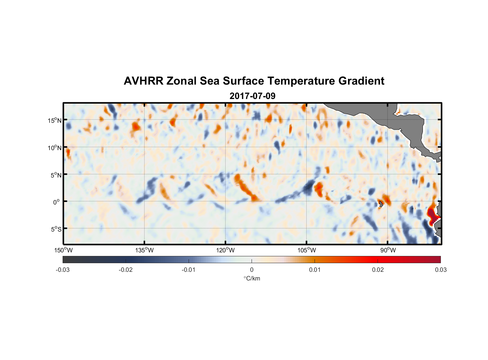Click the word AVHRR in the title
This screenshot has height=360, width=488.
pos(143,81)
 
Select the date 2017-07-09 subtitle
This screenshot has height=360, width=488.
pos(252,96)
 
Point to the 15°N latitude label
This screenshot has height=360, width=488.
pos(55,120)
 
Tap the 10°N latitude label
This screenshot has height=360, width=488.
pos(55,148)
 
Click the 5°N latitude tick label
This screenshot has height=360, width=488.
pos(56,175)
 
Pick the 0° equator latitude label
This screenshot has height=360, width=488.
pos(57,202)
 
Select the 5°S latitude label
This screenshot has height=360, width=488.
pos(56,229)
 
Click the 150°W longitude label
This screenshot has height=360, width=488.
pos(63,250)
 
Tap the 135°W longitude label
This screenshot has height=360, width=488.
pos(144,250)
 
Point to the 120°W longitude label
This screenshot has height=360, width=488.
pos(225,250)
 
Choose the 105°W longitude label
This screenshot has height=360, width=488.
pos(307,250)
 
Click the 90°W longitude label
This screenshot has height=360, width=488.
pos(388,250)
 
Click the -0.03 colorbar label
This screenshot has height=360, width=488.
pos(63,270)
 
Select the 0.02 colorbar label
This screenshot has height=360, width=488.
pos(378,270)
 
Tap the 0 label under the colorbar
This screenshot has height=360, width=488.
pos(252,270)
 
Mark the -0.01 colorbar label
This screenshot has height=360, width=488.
pos(189,270)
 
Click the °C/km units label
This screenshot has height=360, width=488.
pos(252,278)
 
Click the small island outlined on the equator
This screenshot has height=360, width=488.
pos(380,204)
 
